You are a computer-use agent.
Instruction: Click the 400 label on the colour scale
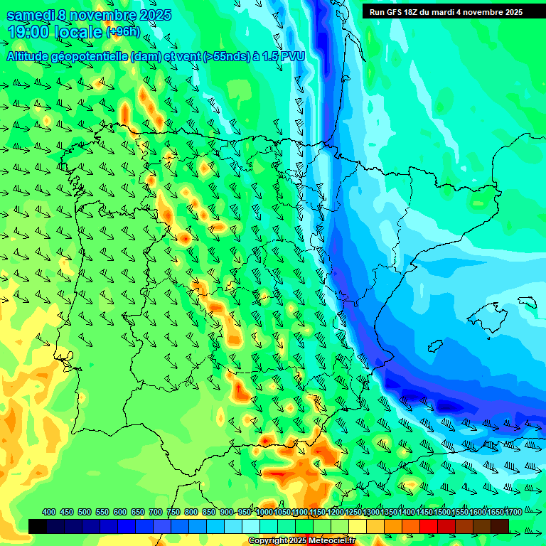coord(49,512)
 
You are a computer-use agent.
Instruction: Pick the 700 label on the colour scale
coord(156,512)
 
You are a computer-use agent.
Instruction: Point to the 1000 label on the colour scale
coord(264,512)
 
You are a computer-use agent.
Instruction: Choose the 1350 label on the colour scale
coord(389,512)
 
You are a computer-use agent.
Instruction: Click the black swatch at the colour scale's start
coord(38,526)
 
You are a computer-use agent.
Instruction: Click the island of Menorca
coord(528,301)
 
